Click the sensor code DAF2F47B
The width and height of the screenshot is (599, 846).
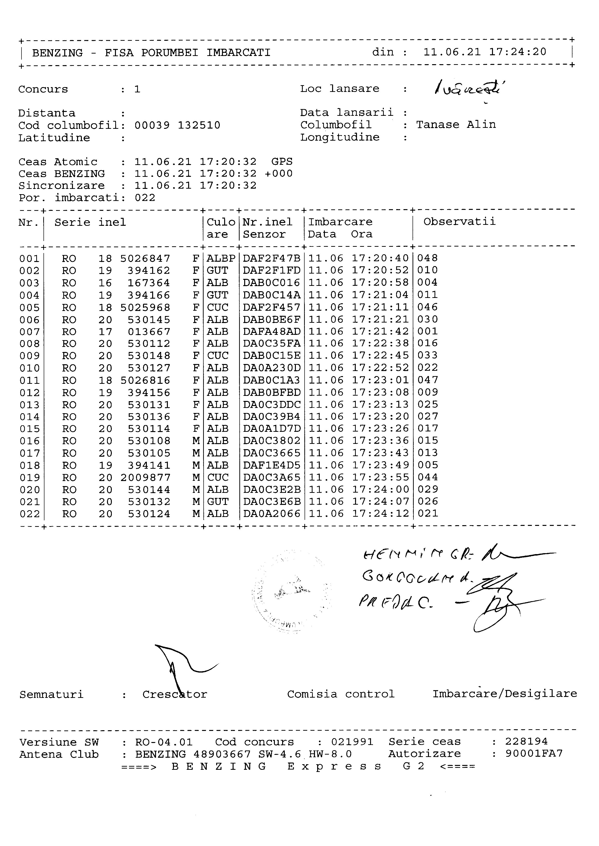click(271, 258)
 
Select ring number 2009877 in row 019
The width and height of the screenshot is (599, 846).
click(145, 478)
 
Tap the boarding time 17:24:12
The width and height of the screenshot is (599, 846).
click(380, 514)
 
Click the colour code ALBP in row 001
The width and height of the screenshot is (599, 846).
click(221, 258)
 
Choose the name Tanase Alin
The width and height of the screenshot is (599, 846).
click(456, 124)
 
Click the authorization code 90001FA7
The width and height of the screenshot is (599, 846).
click(534, 754)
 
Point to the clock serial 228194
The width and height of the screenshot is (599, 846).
click(526, 741)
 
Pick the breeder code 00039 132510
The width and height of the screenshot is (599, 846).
click(177, 125)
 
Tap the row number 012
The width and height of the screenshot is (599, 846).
click(29, 393)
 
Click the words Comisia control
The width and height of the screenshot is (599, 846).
click(341, 694)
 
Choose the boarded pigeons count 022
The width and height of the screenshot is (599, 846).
click(145, 198)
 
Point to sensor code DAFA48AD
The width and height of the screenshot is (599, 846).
click(271, 332)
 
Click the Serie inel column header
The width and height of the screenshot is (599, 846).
click(90, 222)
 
